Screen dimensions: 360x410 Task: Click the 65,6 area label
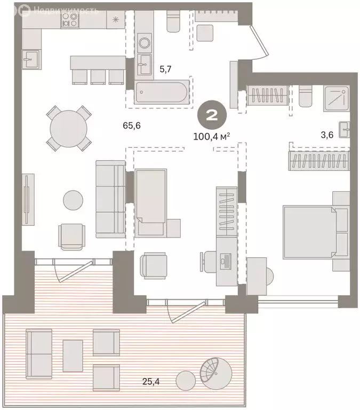coord(132,126)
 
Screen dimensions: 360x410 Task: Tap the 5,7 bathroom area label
coord(165,69)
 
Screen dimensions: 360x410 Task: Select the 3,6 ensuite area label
coord(327,135)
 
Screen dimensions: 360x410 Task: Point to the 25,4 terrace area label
coord(151,382)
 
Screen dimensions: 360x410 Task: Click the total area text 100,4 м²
coord(212,136)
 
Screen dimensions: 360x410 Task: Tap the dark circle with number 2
coord(212,115)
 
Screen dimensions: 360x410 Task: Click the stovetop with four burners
coord(70,20)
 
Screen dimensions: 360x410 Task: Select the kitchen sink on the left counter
coord(30,59)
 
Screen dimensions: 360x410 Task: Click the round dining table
coord(69,129)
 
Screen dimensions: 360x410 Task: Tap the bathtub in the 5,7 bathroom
coord(162,92)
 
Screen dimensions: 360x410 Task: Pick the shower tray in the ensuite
coord(337,98)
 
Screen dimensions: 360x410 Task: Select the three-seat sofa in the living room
coord(110,199)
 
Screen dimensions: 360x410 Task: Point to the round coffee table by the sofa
coord(73,200)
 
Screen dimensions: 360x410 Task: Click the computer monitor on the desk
coord(226,262)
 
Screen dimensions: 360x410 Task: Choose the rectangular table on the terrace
coord(73,356)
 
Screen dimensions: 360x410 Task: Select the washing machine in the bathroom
coord(143,42)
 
